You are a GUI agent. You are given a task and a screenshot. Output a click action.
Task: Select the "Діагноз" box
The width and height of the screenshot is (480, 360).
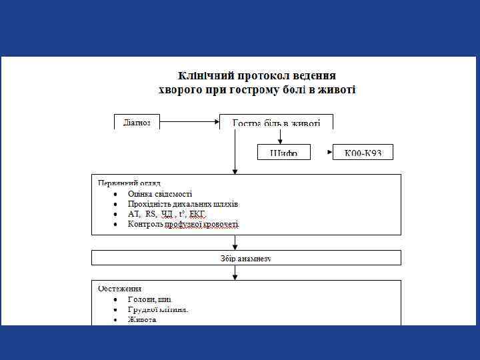(x=137, y=122)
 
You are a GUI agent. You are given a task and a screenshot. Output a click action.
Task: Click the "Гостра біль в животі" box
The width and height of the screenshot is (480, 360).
(x=276, y=123)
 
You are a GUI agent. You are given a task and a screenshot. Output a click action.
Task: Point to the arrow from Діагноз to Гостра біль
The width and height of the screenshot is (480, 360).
(x=189, y=122)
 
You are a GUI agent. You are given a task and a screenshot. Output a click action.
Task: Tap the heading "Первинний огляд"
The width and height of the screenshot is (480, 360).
(x=129, y=182)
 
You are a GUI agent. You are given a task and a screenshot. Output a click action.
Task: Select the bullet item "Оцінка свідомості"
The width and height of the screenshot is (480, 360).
(x=160, y=193)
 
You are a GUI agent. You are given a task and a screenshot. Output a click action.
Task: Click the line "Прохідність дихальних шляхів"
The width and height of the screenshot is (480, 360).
(x=183, y=203)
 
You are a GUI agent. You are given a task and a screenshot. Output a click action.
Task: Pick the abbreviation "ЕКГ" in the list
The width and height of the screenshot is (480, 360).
(x=197, y=214)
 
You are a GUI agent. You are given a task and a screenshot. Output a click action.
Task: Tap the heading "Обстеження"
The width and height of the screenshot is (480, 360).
(x=119, y=289)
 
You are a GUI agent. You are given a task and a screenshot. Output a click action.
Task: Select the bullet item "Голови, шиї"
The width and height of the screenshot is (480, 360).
(x=150, y=300)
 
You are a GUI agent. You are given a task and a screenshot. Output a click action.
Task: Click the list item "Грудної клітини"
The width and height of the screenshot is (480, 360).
(x=158, y=310)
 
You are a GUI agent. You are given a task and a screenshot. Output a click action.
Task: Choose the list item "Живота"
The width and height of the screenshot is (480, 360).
(x=142, y=320)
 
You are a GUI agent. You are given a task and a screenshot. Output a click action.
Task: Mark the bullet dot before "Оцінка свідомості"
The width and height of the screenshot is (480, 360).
(x=115, y=193)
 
